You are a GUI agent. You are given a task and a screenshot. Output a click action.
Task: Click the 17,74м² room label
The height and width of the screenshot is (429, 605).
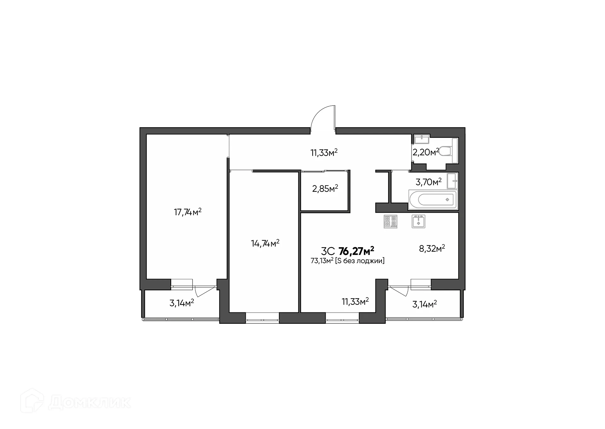(x=187, y=212)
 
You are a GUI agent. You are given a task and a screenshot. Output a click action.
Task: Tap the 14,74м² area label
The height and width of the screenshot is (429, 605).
(x=265, y=243)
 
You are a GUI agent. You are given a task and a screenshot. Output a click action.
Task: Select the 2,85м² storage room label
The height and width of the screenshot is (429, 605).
(x=325, y=189)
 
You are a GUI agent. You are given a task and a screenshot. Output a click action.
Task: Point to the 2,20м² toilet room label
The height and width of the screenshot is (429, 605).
(x=425, y=153)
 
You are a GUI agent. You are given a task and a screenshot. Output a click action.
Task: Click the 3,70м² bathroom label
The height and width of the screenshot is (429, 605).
(x=428, y=182)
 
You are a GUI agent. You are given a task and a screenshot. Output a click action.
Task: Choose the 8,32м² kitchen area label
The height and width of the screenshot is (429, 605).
(x=432, y=249)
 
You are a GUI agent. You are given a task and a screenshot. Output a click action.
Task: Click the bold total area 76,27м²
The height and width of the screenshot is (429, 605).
(x=356, y=251)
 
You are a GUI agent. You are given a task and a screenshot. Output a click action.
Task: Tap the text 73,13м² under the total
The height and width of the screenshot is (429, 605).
(x=322, y=261)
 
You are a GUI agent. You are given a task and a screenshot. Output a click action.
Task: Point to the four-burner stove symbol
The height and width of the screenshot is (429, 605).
(x=390, y=221)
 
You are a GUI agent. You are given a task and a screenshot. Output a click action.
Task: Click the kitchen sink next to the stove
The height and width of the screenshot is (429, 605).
(x=418, y=221)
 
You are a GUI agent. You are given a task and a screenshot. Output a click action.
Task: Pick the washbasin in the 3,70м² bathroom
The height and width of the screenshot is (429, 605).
(x=453, y=181)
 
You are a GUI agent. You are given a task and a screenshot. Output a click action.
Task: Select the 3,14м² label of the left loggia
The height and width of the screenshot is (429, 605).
(x=181, y=303)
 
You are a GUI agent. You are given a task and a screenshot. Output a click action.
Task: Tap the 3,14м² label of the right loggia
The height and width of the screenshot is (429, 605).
(x=424, y=304)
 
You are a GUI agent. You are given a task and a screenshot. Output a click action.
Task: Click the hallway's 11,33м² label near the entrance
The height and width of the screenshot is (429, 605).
(x=324, y=153)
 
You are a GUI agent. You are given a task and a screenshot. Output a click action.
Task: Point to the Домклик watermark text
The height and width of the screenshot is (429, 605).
(x=90, y=403)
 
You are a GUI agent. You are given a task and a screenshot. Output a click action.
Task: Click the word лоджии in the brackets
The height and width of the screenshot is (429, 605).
(x=371, y=261)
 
